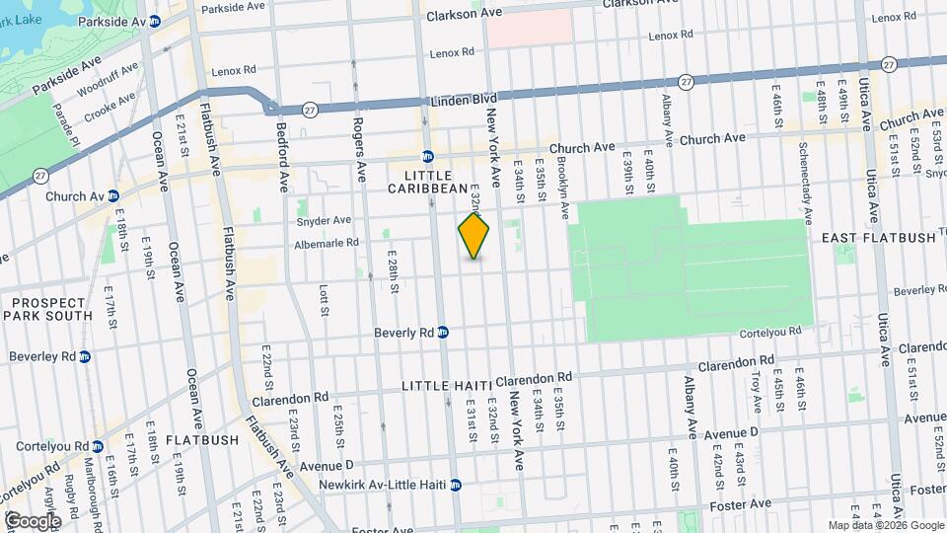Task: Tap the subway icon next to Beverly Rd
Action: pyautogui.click(x=444, y=333)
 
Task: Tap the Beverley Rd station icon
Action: pyautogui.click(x=85, y=356)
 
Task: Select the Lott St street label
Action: pyautogui.click(x=324, y=301)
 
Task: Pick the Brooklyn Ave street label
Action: pyautogui.click(x=562, y=188)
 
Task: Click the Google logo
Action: pyautogui.click(x=32, y=520)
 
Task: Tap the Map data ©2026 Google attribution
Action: pyautogui.click(x=885, y=525)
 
